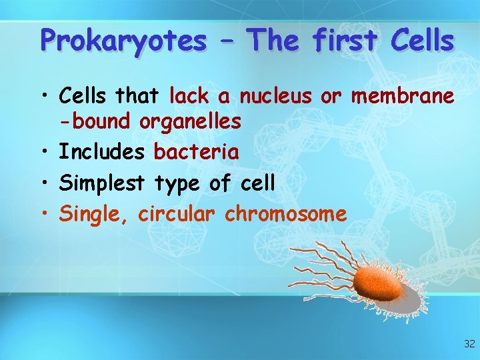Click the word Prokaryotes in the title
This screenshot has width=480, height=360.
coord(123,41)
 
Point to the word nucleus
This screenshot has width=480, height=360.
coord(275,97)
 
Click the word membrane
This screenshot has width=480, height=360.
coord(403,97)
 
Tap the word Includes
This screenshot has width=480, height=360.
coord(102,152)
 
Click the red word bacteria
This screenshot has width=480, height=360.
coord(196,152)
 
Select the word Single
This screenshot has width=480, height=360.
coord(96,215)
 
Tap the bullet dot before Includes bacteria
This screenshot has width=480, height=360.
coord(43,153)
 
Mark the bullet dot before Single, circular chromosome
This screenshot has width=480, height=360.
coord(43,215)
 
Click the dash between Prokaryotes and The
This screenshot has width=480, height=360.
coord(227,41)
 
